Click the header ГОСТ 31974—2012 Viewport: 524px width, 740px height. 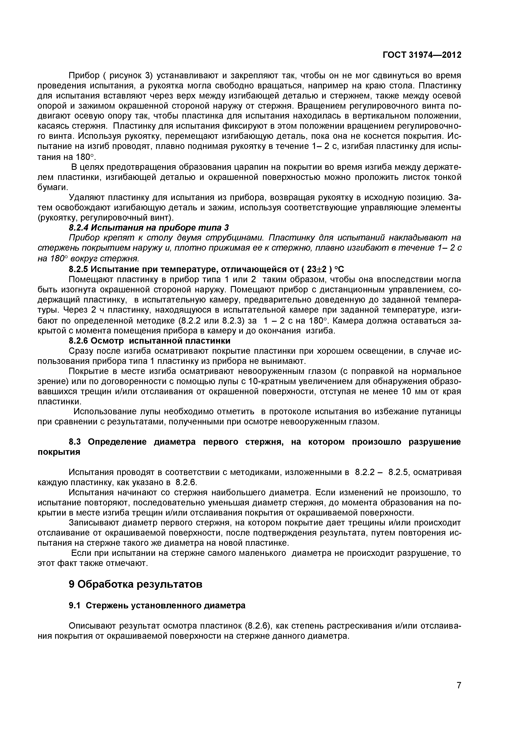pos(422,55)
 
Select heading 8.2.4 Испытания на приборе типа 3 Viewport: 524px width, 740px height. pos(149,228)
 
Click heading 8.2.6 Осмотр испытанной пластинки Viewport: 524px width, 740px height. pos(150,341)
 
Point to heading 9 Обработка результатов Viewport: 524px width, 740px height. pos(136,584)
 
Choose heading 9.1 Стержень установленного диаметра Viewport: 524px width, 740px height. pos(157,606)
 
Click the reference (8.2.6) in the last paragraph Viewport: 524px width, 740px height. pos(257,626)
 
